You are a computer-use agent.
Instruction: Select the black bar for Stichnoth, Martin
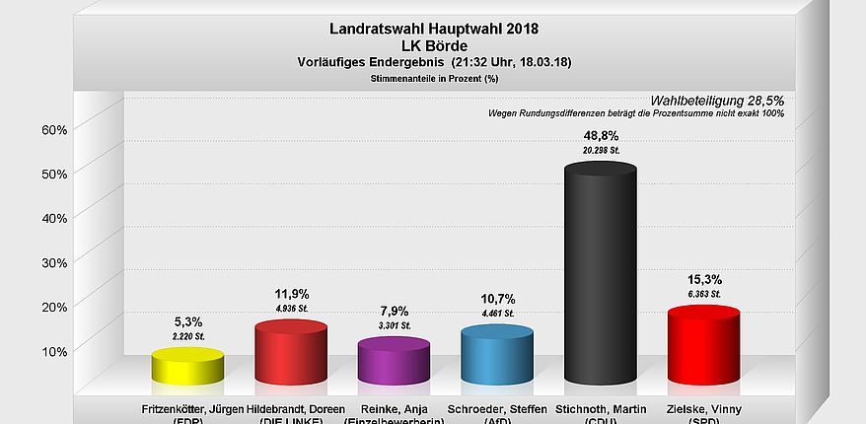(600, 276)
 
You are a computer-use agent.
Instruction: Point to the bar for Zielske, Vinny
(703, 345)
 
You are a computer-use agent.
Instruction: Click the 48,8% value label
(600, 135)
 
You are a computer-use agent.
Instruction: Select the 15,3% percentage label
(703, 279)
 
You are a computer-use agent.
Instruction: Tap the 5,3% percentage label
(187, 321)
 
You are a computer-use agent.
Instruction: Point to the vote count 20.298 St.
(600, 151)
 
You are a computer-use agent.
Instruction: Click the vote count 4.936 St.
(290, 309)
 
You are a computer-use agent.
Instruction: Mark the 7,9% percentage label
(394, 311)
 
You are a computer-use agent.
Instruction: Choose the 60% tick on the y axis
(53, 129)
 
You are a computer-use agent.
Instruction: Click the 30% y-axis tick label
(53, 262)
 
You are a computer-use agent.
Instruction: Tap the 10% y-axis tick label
(53, 351)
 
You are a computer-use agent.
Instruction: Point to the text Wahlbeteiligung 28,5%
(717, 101)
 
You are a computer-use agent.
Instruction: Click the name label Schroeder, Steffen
(496, 408)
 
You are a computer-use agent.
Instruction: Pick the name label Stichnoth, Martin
(600, 408)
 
